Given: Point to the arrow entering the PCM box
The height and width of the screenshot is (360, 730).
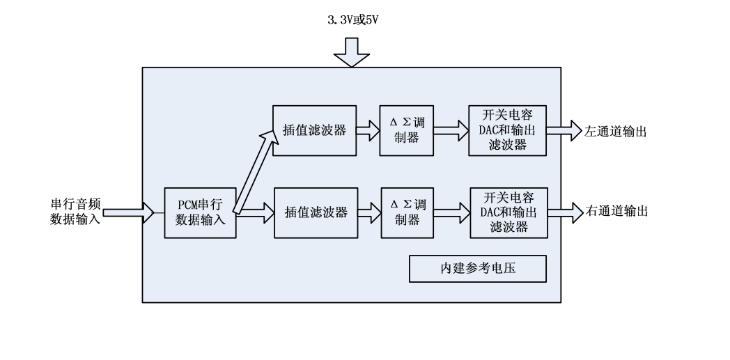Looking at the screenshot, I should coord(128,212).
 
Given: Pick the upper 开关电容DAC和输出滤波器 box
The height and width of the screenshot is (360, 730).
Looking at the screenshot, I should coord(507,130).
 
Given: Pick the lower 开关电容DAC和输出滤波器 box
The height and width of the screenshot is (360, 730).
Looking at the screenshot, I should coord(507,212).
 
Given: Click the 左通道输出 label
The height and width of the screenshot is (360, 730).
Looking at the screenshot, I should coord(616,130).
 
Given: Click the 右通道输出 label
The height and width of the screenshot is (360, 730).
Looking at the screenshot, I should coord(616,212).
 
